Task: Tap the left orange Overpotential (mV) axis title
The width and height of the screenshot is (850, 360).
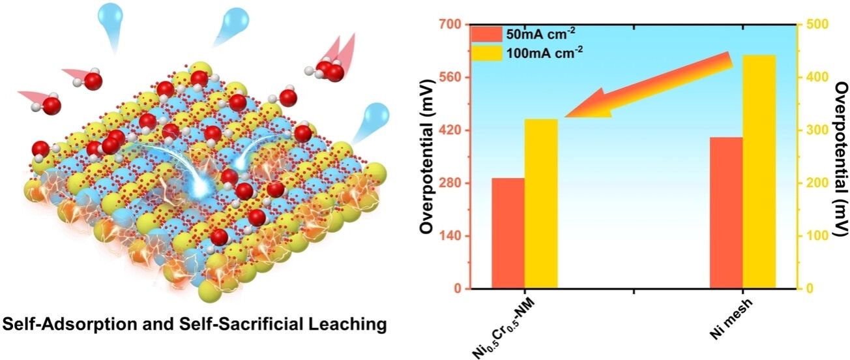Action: pyautogui.click(x=428, y=157)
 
